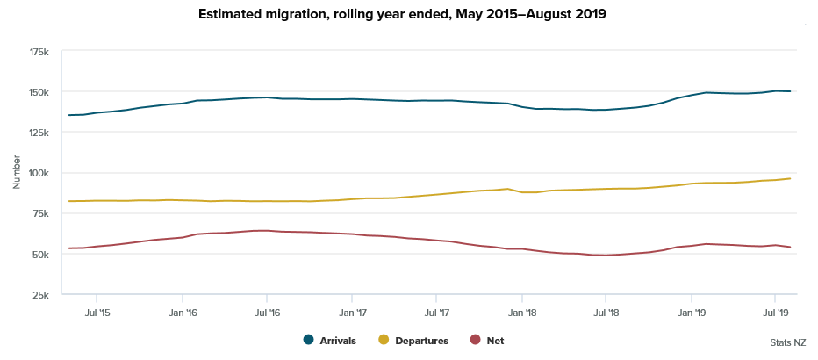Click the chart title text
point(408,15)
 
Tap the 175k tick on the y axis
point(39,52)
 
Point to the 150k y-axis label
point(39,92)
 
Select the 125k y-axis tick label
point(39,133)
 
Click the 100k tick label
point(39,173)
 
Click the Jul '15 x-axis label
point(97,312)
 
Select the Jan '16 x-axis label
point(182,312)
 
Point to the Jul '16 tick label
point(267,312)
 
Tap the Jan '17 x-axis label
point(352,312)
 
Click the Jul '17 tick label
point(437,312)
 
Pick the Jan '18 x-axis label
point(522,312)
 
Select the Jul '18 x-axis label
point(607,312)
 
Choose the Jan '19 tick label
point(692,312)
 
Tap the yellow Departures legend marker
point(384,341)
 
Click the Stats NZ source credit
point(786,342)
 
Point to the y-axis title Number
point(17,173)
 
